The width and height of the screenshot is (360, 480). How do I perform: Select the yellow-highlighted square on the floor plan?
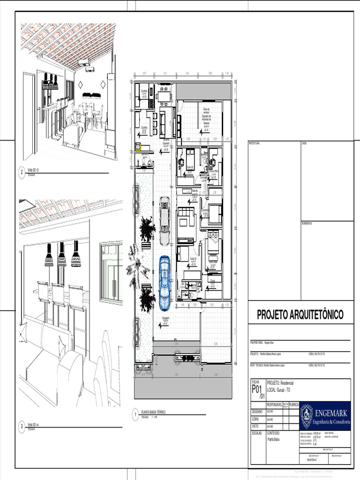[138, 147]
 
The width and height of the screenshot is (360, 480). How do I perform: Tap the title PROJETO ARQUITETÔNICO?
[300, 315]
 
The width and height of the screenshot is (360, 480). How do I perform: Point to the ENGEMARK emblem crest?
[307, 415]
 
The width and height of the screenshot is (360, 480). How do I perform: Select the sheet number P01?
[256, 389]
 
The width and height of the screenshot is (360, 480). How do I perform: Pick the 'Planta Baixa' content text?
[274, 440]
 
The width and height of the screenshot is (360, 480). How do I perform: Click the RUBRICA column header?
[294, 404]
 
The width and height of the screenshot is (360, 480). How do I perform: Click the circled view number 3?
[22, 426]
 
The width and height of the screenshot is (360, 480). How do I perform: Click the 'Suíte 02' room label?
[190, 167]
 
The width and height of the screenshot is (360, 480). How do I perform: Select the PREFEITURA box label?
[254, 142]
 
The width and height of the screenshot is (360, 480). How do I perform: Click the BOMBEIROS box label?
[307, 224]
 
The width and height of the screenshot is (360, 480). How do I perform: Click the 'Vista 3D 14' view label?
[33, 424]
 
